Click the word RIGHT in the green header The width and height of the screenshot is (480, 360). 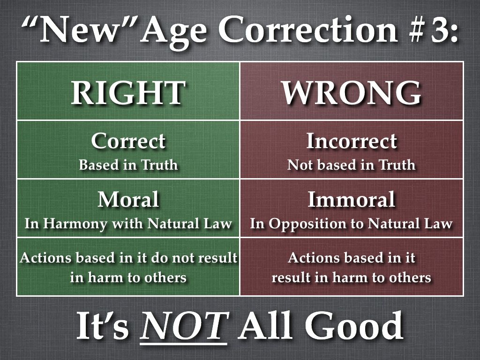(x=128, y=92)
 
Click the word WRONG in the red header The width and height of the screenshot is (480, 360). (x=352, y=92)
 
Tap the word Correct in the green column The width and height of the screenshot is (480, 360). (x=128, y=141)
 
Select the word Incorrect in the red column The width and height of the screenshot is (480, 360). (x=352, y=141)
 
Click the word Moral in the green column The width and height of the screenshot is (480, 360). (x=128, y=200)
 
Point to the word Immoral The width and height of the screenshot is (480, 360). (x=352, y=200)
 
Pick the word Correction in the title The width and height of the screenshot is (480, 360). (x=308, y=30)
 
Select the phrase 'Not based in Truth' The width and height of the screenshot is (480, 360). (x=352, y=165)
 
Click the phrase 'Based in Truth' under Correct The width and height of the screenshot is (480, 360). (x=128, y=165)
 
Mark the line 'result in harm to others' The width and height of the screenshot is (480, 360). (x=352, y=277)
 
